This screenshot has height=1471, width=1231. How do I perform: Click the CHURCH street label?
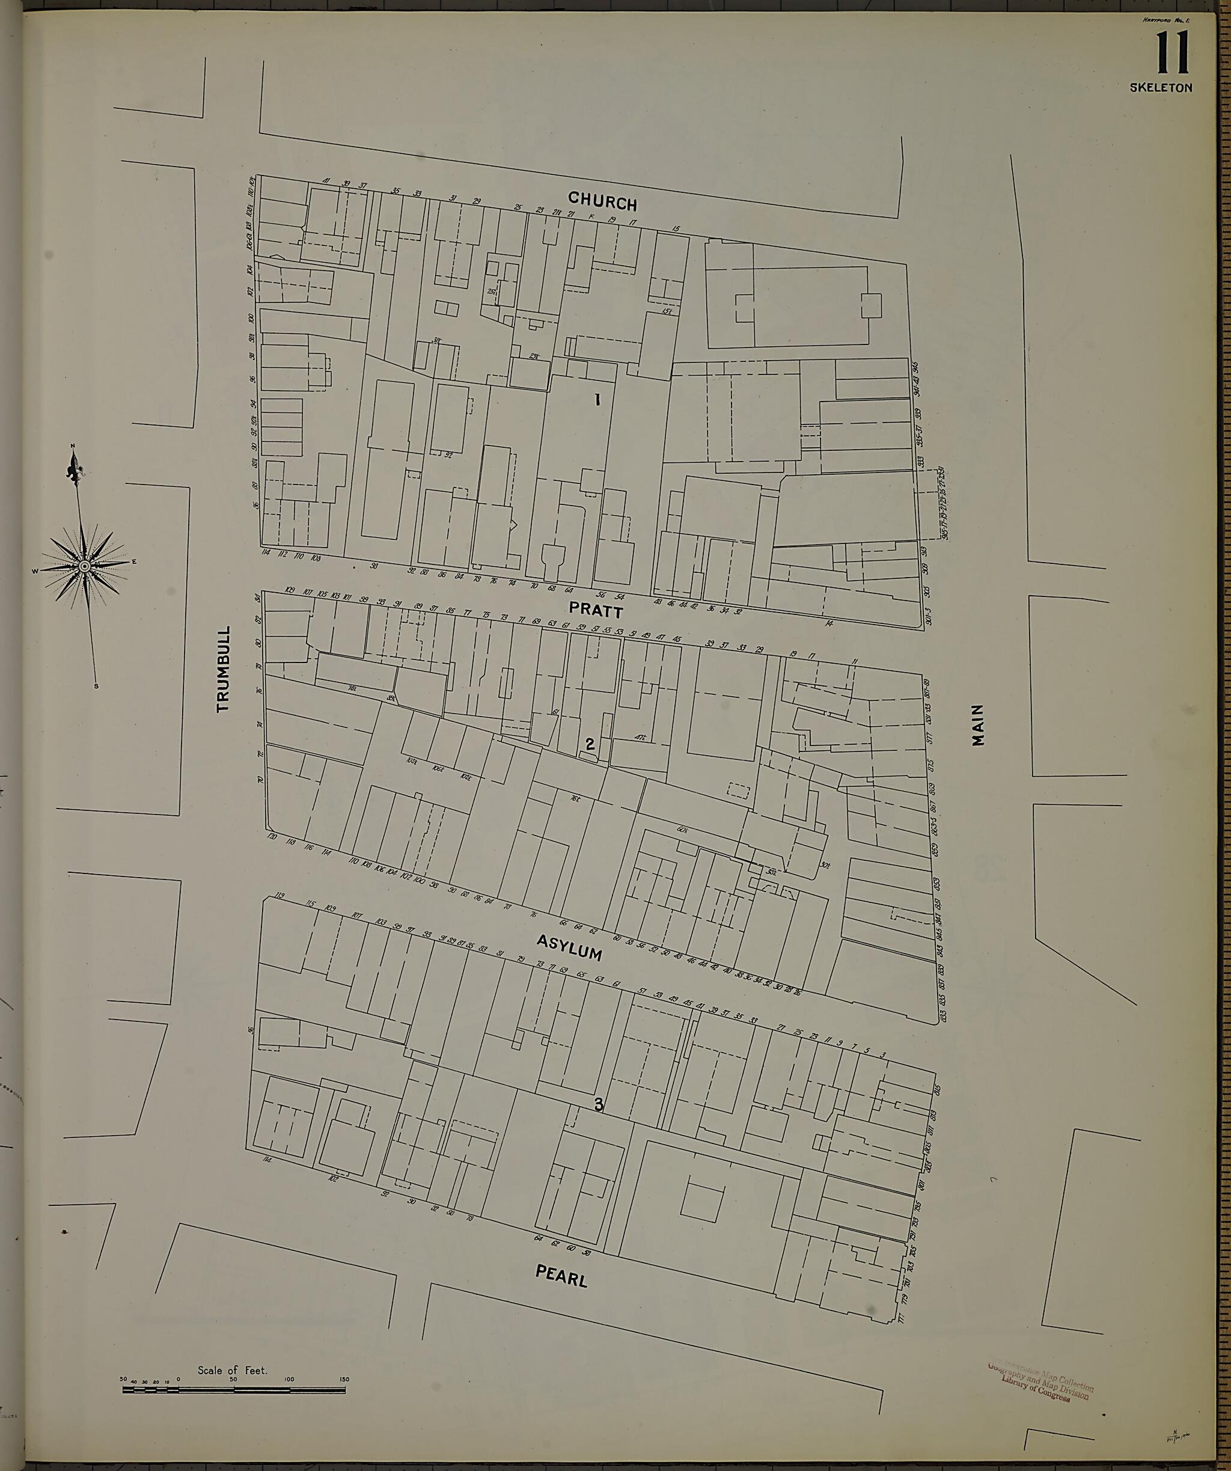coord(602,202)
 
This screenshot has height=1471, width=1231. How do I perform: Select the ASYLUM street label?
coord(569,947)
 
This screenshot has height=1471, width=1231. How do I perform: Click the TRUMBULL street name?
coord(224,669)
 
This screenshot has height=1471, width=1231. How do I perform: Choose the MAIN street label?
coord(978,725)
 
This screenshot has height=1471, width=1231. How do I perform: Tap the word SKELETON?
coord(1160,88)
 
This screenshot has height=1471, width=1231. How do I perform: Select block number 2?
coord(590,744)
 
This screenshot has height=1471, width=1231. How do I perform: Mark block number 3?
coord(599,1105)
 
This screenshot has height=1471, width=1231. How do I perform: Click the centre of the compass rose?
coord(84,565)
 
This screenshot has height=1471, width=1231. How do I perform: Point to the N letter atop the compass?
coord(72,446)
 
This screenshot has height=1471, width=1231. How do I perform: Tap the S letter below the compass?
coord(96,686)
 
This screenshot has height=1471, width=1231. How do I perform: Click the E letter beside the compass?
coord(134,560)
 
